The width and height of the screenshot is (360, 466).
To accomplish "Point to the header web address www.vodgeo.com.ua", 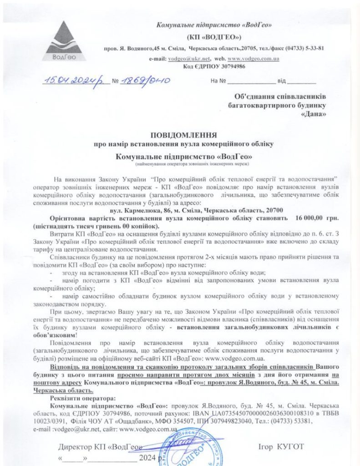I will (x=253, y=59).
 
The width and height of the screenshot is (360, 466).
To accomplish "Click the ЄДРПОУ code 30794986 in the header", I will (x=228, y=66).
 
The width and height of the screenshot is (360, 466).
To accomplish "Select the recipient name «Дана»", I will (x=314, y=114).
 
